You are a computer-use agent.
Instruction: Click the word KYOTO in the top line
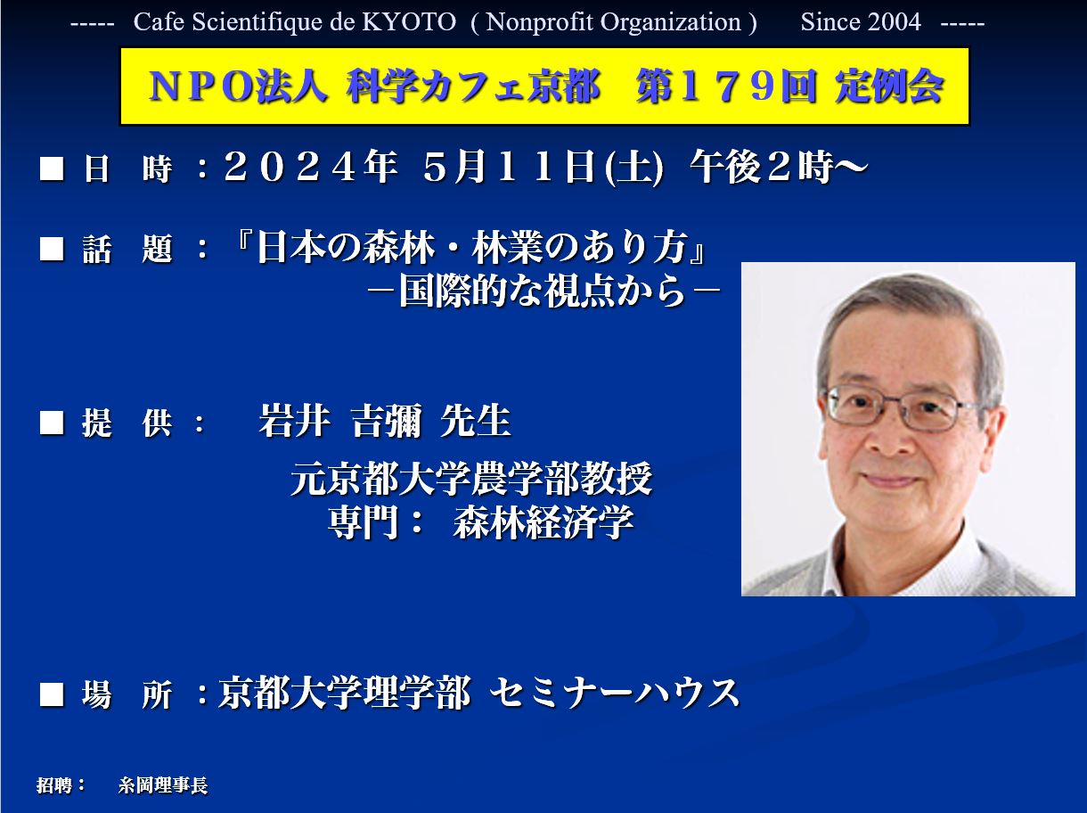click(409, 22)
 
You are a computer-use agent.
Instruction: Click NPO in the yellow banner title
click(200, 86)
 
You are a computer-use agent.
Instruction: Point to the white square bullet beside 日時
click(52, 168)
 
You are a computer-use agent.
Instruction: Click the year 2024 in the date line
click(290, 167)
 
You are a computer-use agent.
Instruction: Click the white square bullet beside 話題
click(52, 248)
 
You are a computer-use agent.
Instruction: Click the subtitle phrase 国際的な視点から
click(543, 292)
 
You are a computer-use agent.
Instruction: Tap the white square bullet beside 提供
click(52, 423)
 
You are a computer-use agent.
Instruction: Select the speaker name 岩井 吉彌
click(340, 422)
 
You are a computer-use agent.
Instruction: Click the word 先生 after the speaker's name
click(476, 422)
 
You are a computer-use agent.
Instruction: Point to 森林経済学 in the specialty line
click(543, 522)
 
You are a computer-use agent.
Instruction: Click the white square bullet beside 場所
click(52, 694)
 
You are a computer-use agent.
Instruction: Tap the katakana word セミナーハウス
click(615, 693)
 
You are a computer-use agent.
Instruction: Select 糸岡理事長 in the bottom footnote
click(163, 785)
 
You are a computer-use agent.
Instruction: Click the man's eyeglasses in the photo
click(898, 407)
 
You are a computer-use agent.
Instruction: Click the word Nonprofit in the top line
click(533, 22)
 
